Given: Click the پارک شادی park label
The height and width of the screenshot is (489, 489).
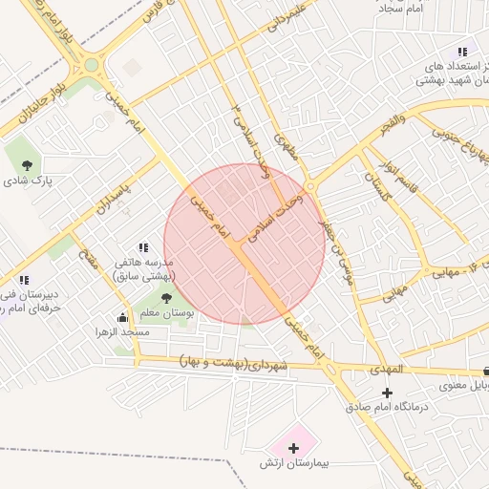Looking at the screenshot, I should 28,180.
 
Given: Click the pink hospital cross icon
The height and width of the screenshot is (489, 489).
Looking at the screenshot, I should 293,446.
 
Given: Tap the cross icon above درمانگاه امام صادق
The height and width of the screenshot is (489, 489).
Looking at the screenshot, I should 387,393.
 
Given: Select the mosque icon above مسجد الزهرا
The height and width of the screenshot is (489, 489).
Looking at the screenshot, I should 122,317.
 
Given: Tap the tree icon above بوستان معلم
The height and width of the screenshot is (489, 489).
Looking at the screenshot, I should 168,298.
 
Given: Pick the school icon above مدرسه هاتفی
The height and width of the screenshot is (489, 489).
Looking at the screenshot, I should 143,248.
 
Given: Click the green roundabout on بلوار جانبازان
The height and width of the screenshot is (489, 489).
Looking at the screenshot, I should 92,65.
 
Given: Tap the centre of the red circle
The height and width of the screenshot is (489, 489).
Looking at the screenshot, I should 245,244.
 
